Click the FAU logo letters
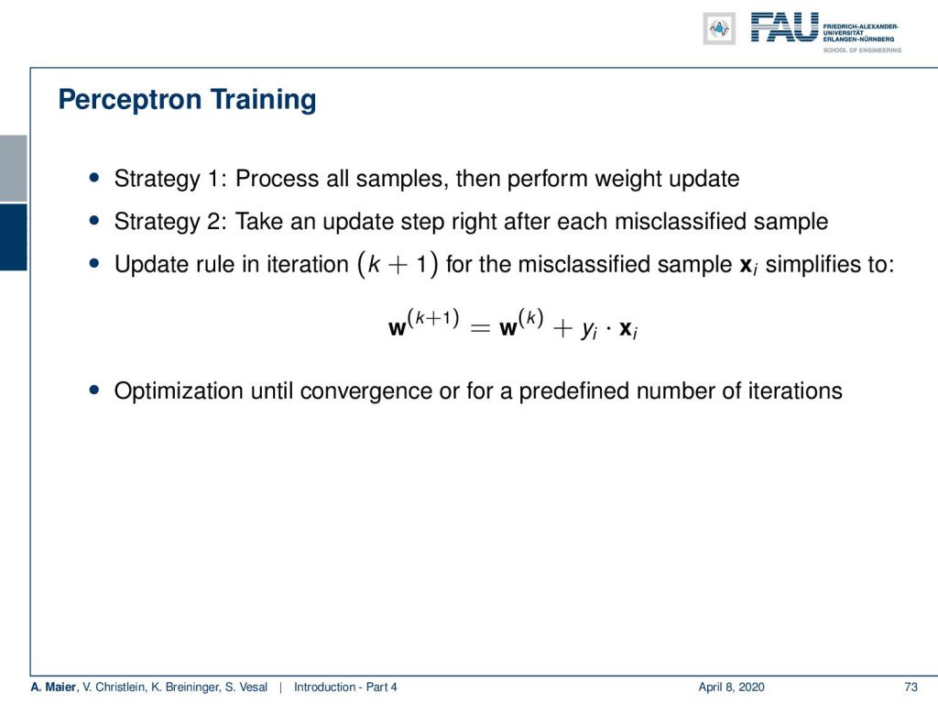click(x=784, y=27)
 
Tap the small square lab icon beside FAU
click(x=719, y=28)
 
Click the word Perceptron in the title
click(x=130, y=100)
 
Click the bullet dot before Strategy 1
click(x=94, y=177)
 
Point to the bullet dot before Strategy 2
click(x=94, y=220)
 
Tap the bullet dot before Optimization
click(x=94, y=390)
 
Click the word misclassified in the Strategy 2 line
click(x=681, y=221)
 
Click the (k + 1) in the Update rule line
click(x=398, y=264)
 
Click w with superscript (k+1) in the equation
click(x=423, y=323)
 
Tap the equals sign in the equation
click(x=480, y=328)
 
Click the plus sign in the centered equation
click(x=562, y=328)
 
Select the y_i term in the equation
click(x=589, y=330)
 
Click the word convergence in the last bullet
click(x=366, y=390)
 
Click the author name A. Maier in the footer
click(x=53, y=687)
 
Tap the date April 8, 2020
click(x=731, y=687)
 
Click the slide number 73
click(x=911, y=687)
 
